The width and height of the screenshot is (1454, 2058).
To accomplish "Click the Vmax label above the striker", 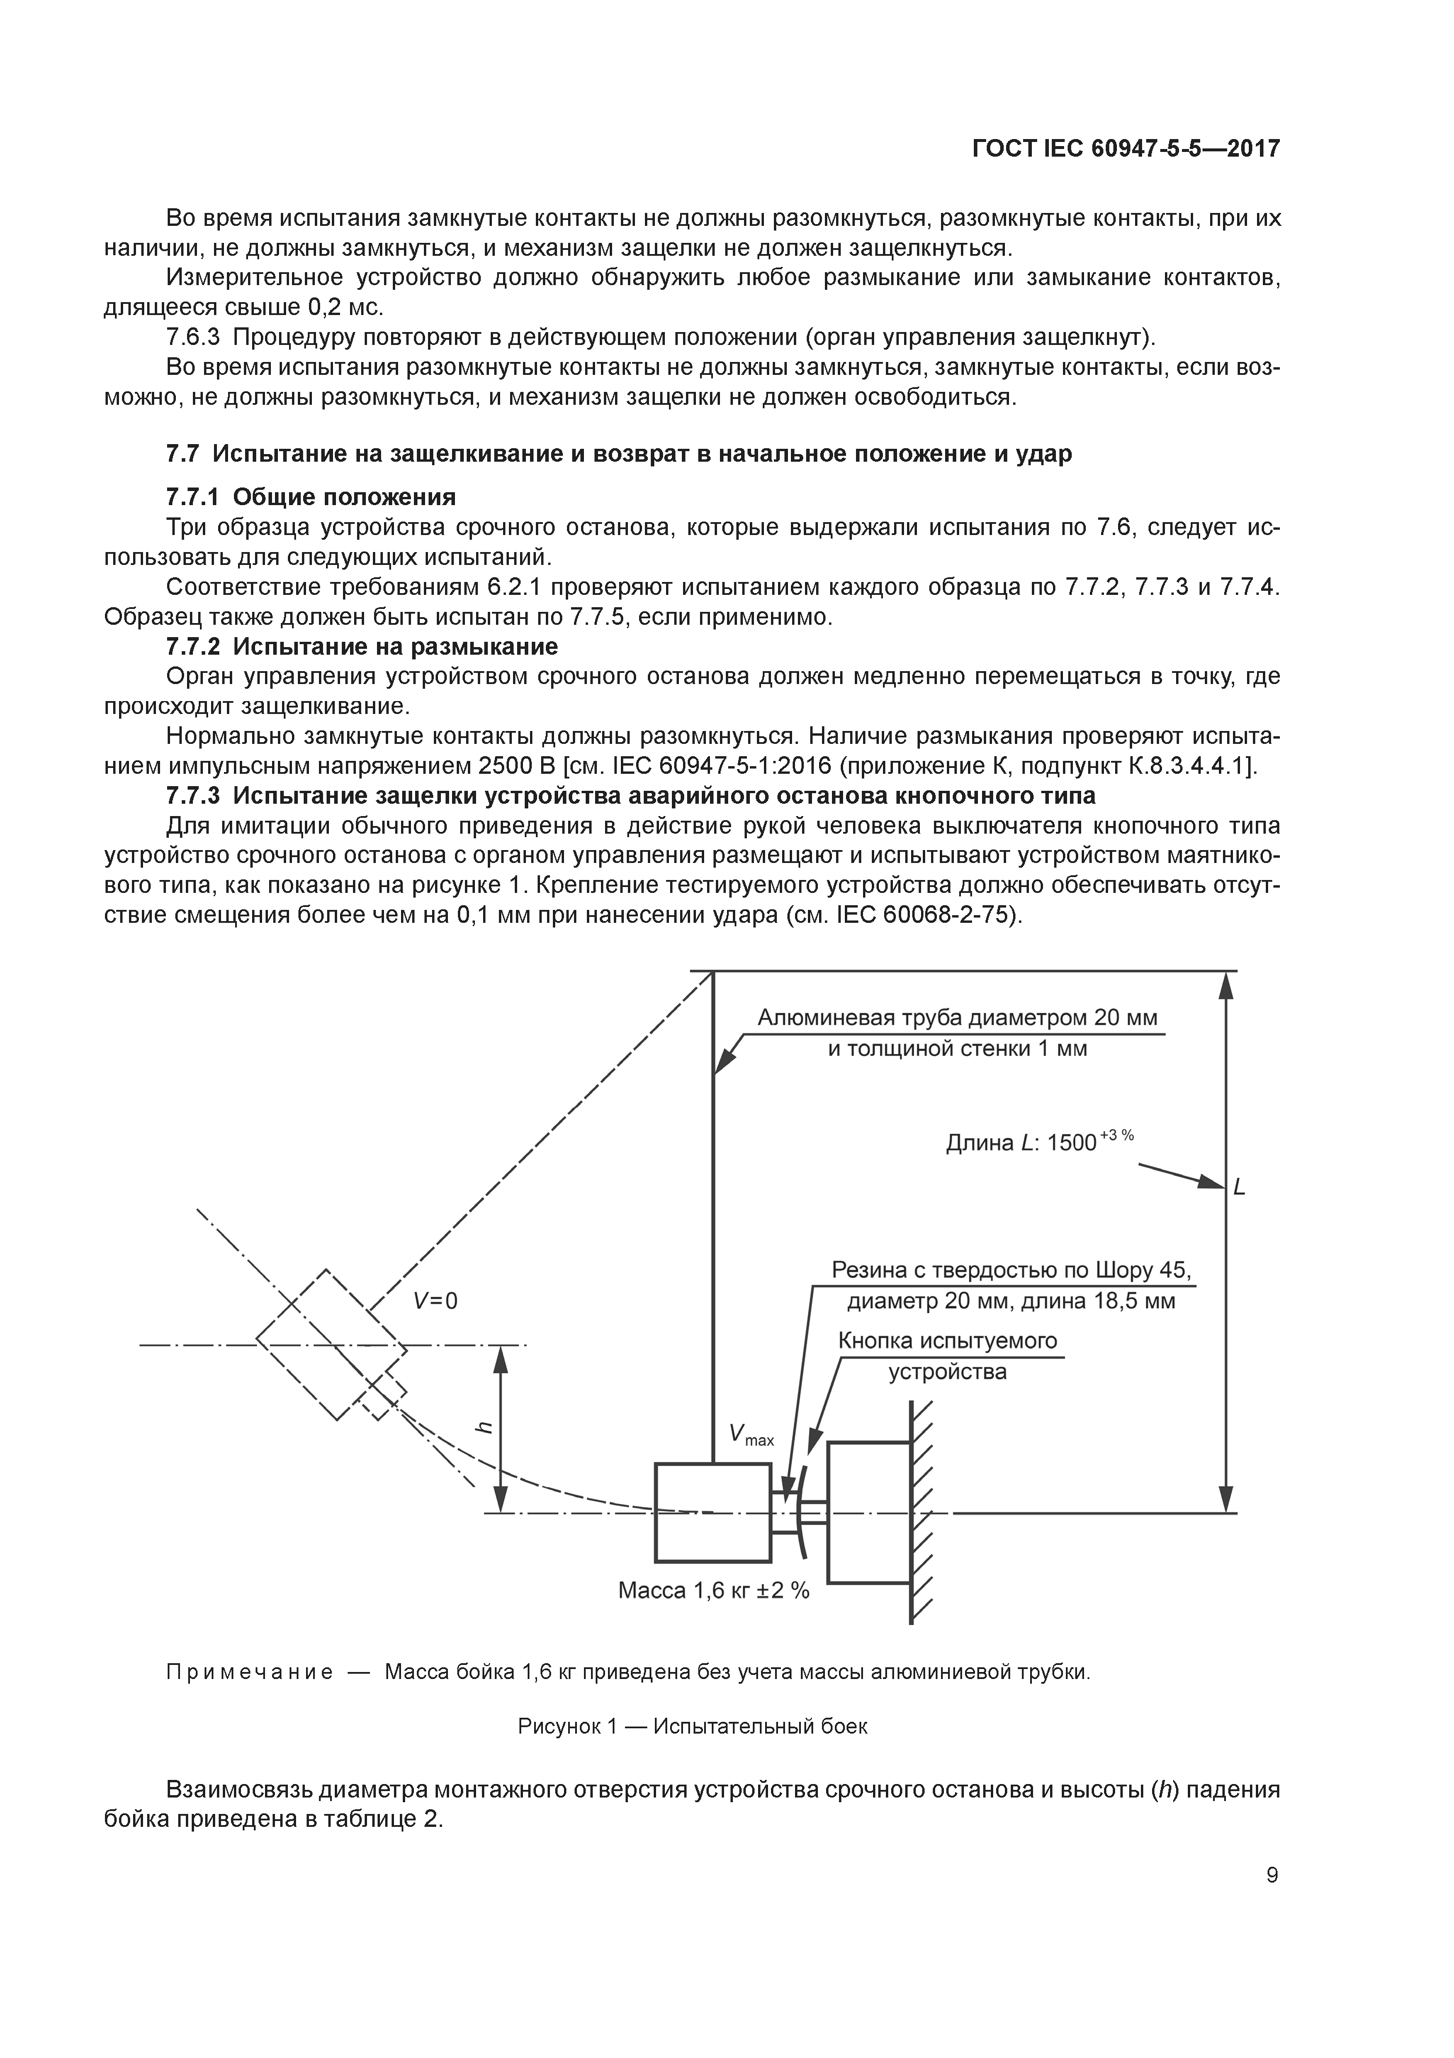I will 750,1435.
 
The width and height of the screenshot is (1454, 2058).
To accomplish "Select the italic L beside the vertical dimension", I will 1240,1187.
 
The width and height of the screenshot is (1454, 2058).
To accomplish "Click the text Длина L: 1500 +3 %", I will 1039,1141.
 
